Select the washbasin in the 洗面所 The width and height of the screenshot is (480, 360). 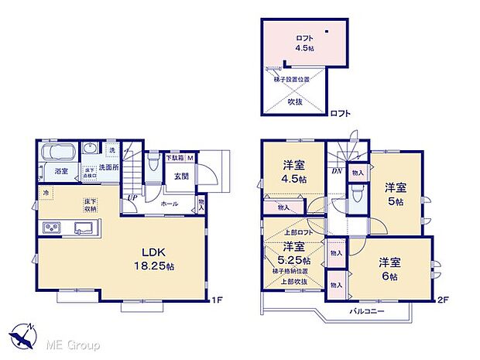(91, 149)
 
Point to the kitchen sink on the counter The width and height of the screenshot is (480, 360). (84, 228)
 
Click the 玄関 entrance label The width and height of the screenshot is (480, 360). (182, 175)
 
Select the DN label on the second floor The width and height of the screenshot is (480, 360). (338, 171)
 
